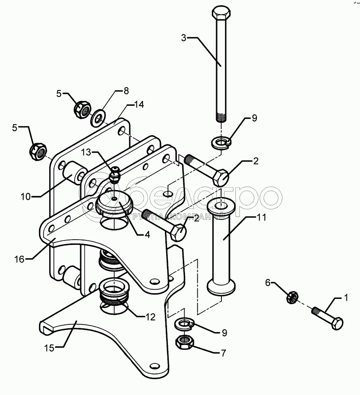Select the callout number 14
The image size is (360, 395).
coord(139,104)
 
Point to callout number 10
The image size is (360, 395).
coord(25,197)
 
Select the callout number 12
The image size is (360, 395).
coord(150,317)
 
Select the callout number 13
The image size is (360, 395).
coord(86,152)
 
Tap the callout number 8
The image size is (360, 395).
coord(126,91)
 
